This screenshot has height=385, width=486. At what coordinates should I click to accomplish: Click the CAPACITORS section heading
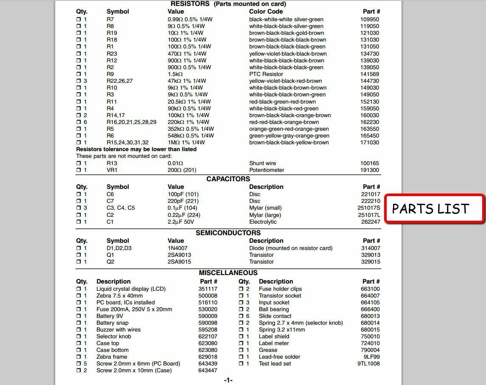point(228,179)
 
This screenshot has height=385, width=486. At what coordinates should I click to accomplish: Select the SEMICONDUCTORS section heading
point(228,233)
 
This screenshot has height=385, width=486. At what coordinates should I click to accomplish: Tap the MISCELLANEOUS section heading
point(228,273)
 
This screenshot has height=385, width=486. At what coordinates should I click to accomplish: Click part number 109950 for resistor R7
point(370,19)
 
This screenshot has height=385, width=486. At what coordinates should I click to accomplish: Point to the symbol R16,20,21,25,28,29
point(131,122)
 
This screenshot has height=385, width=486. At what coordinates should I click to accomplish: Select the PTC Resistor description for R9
point(266,74)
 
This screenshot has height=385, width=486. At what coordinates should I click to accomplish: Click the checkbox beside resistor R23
point(79,53)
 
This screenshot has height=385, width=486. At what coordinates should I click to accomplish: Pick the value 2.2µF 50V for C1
point(181,222)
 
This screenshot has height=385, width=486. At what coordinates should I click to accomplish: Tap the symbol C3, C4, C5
point(121,208)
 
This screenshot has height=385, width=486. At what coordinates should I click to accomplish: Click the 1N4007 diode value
point(177,248)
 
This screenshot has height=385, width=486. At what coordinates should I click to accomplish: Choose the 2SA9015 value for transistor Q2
point(179,261)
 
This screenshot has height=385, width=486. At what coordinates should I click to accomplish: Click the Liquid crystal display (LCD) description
point(131,289)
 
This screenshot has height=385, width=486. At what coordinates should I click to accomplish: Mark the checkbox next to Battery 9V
point(79,316)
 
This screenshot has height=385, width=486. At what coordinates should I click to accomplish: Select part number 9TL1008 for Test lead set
point(368,363)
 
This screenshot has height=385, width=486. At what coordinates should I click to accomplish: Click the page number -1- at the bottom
point(228,380)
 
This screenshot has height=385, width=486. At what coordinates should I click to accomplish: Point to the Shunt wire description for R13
point(262,163)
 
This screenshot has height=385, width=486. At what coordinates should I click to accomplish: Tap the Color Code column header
point(266,11)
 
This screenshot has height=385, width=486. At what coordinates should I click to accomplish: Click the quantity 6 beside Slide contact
point(248,316)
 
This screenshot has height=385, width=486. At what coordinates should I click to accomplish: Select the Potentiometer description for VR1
point(267,170)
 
